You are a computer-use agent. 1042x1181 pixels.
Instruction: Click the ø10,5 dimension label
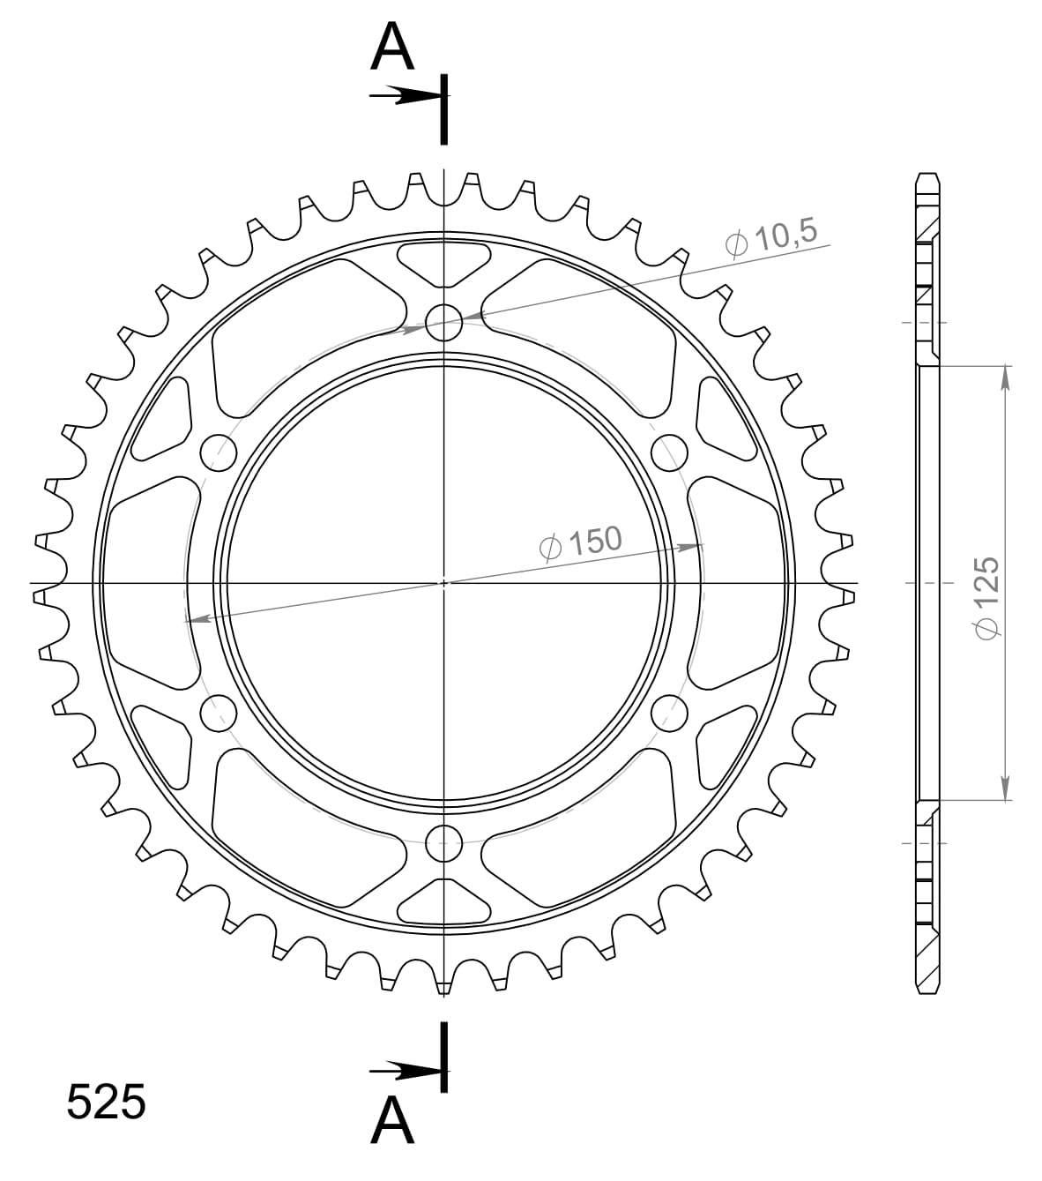(771, 237)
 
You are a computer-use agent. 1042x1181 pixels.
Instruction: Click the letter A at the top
(392, 48)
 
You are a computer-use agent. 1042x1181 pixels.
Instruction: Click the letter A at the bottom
(392, 1121)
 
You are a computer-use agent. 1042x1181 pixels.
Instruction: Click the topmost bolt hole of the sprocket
(444, 323)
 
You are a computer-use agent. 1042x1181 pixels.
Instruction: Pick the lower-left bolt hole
(219, 714)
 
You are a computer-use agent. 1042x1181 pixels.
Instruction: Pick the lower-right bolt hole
(670, 714)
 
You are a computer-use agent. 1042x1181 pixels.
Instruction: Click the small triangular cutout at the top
(444, 261)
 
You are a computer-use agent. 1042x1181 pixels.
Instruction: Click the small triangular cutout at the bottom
(444, 904)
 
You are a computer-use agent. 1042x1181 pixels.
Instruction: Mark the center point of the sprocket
(444, 583)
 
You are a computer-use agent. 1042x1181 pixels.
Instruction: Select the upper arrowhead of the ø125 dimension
(1005, 376)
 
